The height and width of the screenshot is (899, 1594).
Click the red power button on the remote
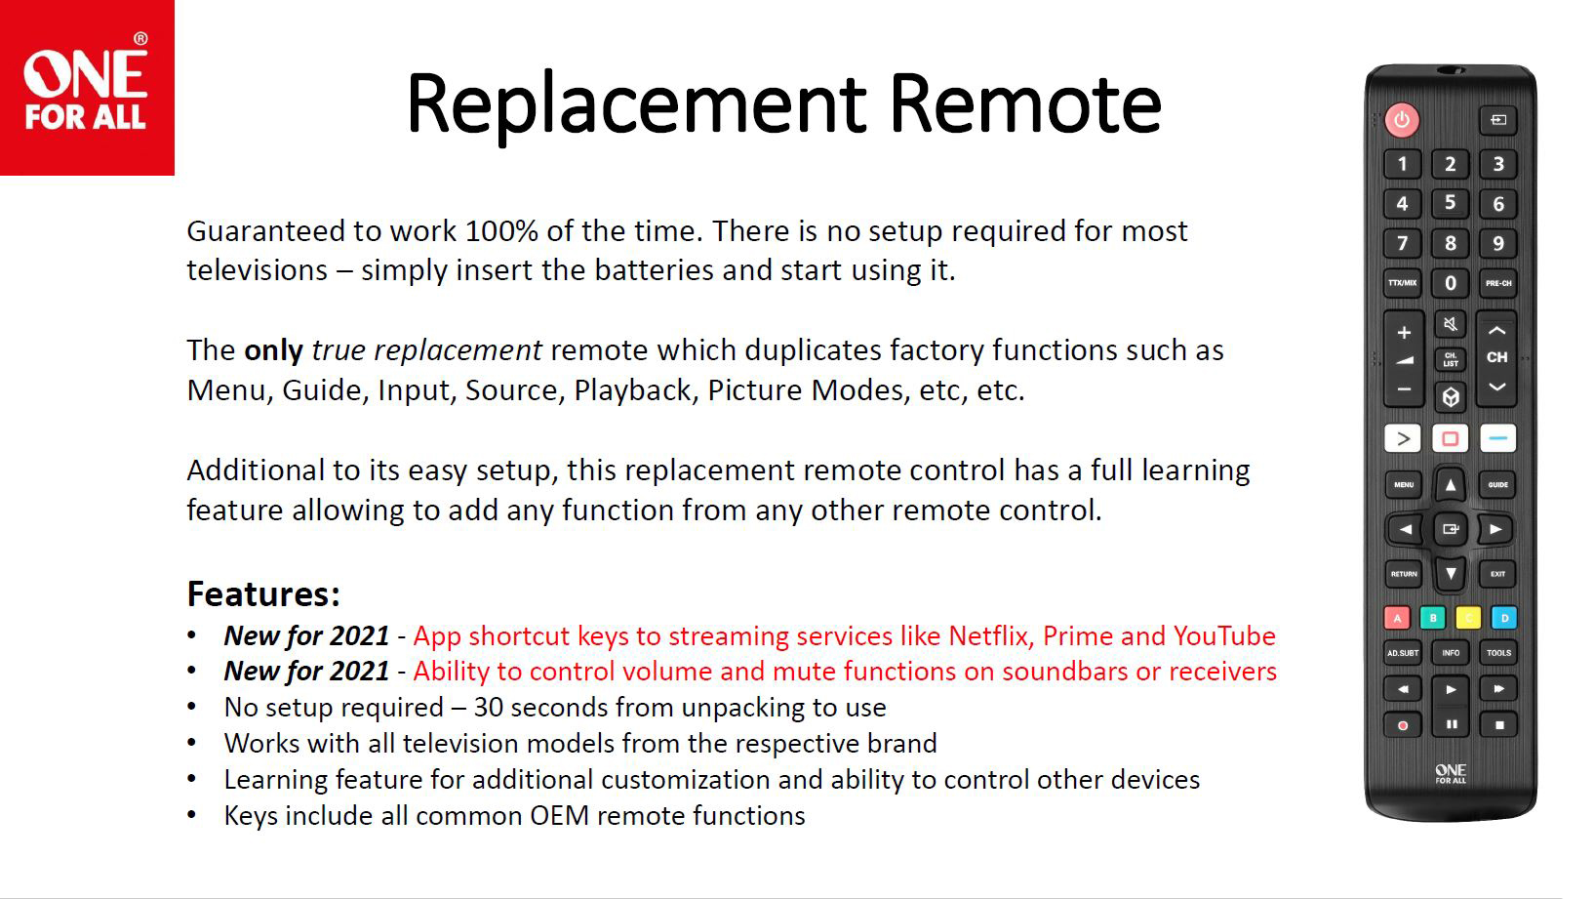(1401, 120)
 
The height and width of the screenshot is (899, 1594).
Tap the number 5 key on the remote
(1450, 204)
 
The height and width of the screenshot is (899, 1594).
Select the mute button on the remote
(1450, 325)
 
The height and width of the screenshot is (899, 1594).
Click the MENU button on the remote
(1404, 485)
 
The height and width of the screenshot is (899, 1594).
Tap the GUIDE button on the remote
(1497, 485)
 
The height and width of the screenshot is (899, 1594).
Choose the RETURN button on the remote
(1404, 574)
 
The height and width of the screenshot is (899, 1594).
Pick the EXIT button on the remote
(1497, 574)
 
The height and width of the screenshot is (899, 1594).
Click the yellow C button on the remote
(1468, 618)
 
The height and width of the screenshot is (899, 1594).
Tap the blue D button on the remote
(1503, 618)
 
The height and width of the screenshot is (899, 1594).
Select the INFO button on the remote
(1451, 653)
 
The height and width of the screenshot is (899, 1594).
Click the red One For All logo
(87, 88)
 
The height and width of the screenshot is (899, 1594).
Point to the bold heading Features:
(263, 593)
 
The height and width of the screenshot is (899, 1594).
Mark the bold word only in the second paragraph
(273, 351)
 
